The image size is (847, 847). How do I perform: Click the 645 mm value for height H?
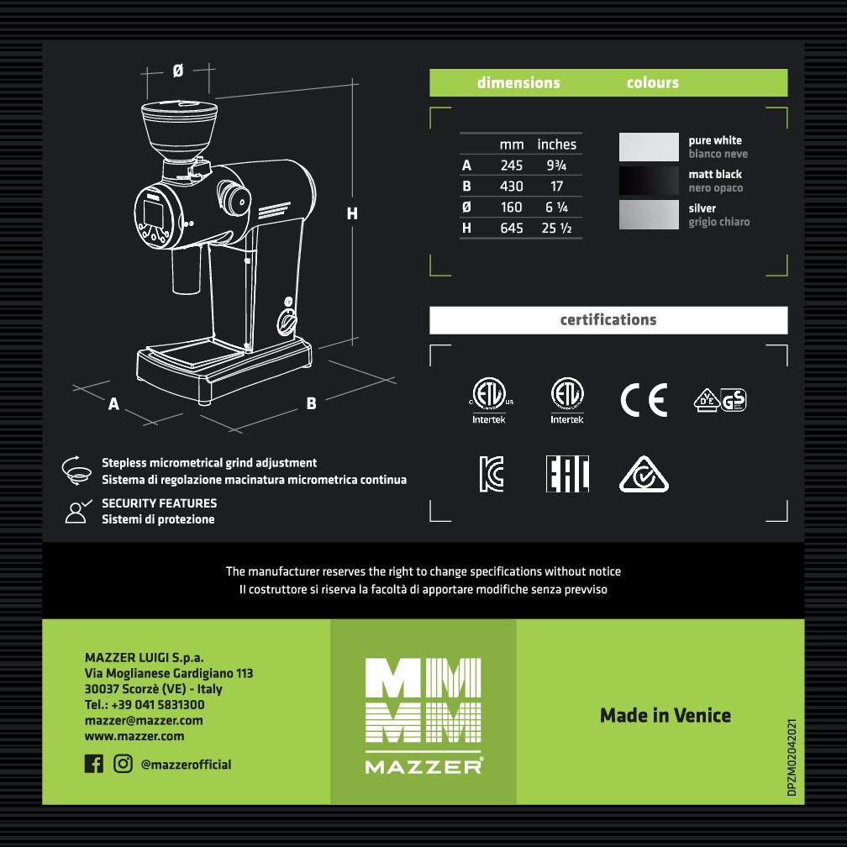click(511, 228)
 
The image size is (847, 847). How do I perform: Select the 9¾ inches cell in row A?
click(556, 166)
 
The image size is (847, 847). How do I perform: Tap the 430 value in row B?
click(511, 187)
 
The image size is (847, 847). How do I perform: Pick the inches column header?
click(556, 145)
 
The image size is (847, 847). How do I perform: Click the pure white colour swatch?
click(649, 147)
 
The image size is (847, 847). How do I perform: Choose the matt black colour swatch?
click(649, 181)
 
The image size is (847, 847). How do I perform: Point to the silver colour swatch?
click(649, 214)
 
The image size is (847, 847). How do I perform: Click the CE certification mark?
click(644, 400)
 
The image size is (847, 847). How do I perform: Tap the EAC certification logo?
click(567, 474)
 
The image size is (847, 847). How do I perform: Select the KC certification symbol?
click(492, 474)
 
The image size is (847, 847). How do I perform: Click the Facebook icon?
click(94, 764)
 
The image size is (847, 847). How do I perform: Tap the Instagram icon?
click(124, 764)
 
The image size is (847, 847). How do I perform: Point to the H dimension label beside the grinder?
click(352, 214)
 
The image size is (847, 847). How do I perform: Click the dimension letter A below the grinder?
click(113, 403)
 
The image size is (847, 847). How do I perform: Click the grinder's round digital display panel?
click(155, 217)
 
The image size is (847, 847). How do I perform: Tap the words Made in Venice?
click(665, 715)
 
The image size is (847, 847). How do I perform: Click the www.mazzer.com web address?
click(134, 736)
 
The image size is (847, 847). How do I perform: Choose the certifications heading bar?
click(608, 320)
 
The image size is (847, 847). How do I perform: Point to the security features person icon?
click(77, 512)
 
